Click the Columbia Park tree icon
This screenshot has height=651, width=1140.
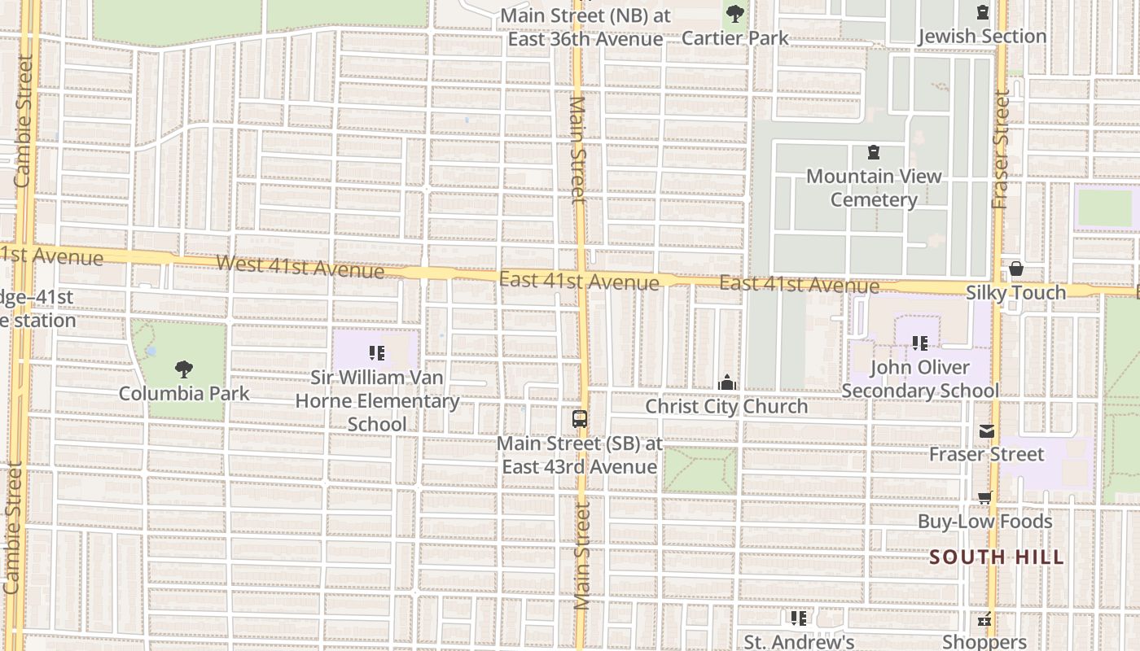point(184,369)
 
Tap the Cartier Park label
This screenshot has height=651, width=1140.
point(734,37)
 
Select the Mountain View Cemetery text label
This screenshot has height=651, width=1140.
point(874,188)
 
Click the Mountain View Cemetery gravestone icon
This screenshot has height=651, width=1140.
point(874,152)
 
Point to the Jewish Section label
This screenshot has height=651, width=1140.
point(982,37)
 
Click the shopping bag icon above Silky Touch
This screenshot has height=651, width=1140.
point(1016,269)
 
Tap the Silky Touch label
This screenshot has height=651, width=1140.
point(1015,292)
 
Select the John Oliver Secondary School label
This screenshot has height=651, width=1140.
point(920,379)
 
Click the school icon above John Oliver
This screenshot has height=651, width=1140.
point(920,343)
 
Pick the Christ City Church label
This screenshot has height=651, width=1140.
point(726,406)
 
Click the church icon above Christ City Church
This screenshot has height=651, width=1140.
point(726,382)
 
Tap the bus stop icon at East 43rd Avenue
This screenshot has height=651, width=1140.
point(580,420)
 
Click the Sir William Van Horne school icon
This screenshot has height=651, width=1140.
point(376,353)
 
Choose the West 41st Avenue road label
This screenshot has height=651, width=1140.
point(300,266)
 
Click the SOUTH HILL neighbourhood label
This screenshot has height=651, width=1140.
point(997,557)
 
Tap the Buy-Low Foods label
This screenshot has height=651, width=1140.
point(985,522)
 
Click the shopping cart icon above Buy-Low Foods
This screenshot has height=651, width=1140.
point(985,498)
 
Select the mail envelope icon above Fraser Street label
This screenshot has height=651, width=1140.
point(987,431)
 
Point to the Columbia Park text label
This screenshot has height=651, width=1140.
point(184,394)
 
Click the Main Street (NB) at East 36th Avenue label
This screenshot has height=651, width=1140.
point(585,28)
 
